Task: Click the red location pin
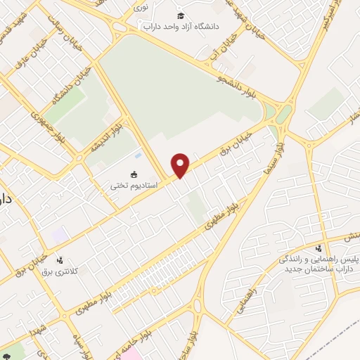(x=181, y=165)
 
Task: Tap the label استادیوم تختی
(x=134, y=186)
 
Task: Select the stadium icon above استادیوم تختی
(x=134, y=174)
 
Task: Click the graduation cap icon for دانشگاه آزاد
(x=181, y=15)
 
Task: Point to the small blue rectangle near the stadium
(x=137, y=155)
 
